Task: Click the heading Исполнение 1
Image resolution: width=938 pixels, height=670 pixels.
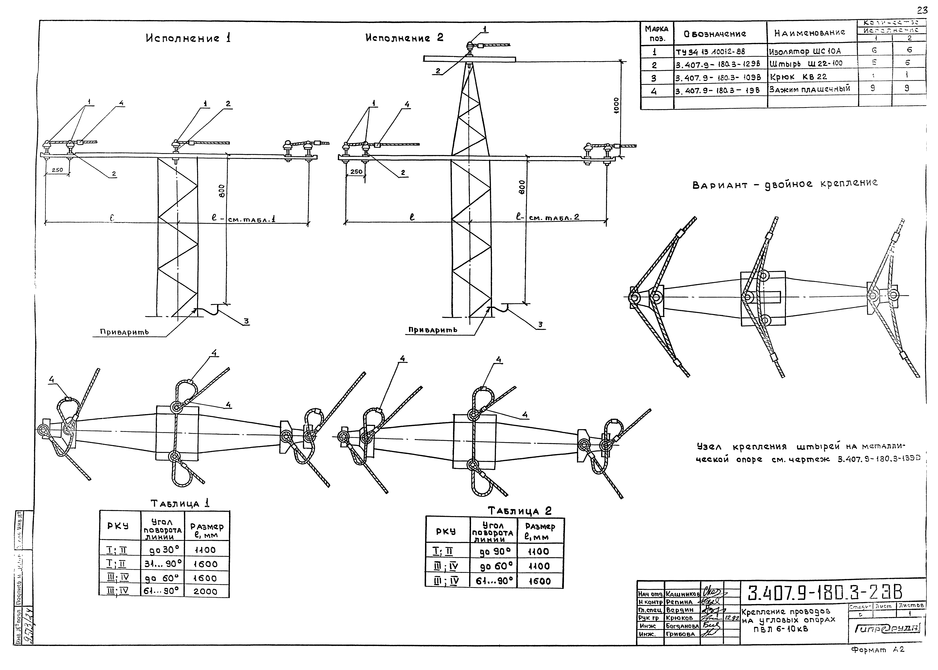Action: pyautogui.click(x=188, y=38)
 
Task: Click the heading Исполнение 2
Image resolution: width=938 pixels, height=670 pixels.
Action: pyautogui.click(x=404, y=38)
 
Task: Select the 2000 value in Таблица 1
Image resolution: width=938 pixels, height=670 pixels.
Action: pyautogui.click(x=205, y=591)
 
